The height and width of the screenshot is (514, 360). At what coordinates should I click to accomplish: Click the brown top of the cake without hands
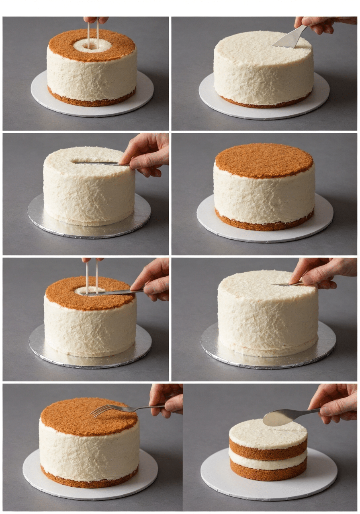[x=264, y=160]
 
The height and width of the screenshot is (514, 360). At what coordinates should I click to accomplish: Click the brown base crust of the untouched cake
[x=264, y=223]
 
